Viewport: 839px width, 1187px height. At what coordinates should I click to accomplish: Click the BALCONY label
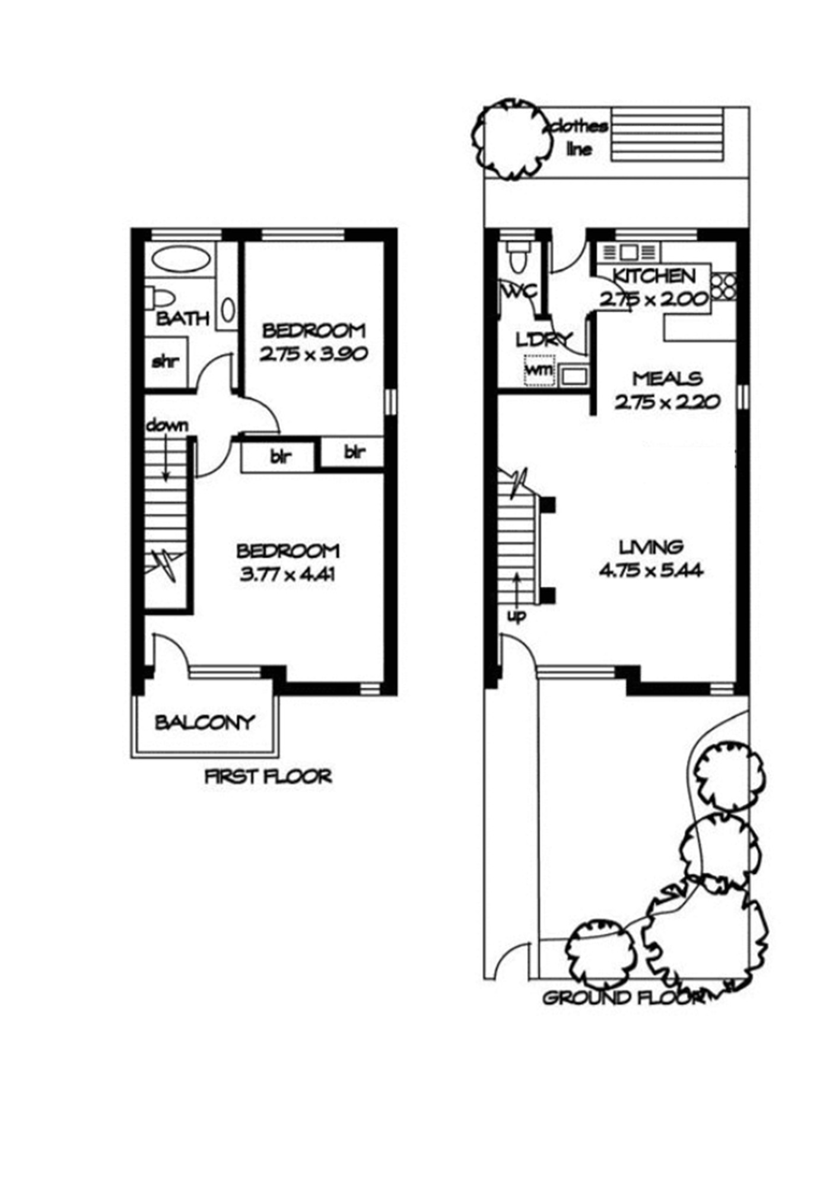click(204, 722)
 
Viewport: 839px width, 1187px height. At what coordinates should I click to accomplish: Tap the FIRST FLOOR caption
click(268, 776)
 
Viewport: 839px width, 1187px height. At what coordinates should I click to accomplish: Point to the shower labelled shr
click(167, 361)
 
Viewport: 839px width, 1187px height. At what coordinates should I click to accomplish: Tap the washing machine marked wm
click(539, 370)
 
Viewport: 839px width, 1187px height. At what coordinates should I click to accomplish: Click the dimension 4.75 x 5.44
click(651, 571)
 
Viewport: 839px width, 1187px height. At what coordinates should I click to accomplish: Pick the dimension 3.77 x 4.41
click(287, 575)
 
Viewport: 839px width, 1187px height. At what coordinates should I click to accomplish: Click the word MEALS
click(667, 378)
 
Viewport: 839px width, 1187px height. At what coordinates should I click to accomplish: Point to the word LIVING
click(651, 546)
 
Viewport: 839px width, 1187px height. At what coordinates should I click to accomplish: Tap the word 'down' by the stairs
click(167, 425)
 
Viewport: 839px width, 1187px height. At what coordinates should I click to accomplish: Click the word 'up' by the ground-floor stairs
click(516, 617)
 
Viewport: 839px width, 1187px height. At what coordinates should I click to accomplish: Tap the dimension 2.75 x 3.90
click(314, 354)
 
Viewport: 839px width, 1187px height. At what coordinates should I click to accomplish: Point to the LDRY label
click(544, 340)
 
